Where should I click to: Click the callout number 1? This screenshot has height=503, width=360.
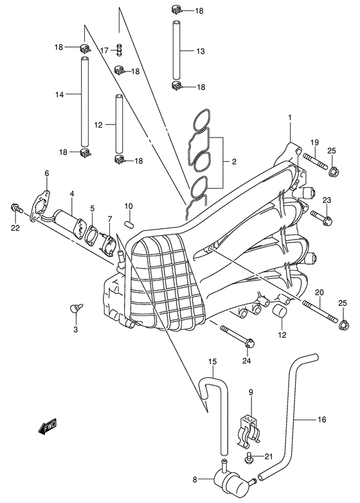(290, 117)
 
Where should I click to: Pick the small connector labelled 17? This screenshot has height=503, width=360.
(118, 50)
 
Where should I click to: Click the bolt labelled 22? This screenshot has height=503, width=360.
(16, 208)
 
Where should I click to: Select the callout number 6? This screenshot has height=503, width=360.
(47, 173)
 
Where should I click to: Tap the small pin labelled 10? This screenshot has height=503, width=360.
(129, 224)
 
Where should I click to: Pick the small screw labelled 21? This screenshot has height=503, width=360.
(248, 457)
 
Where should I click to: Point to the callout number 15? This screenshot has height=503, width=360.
(211, 369)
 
